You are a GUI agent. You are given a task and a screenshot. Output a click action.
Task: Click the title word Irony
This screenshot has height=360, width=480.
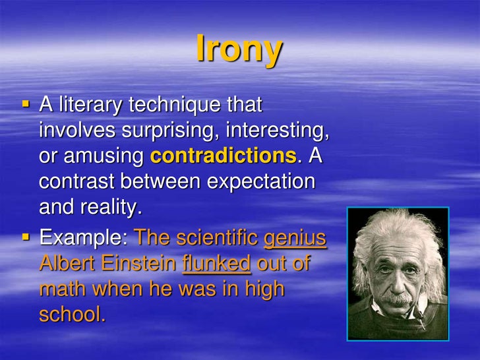click(x=239, y=49)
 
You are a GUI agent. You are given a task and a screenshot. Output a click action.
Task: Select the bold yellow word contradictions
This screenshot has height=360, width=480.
click(x=223, y=156)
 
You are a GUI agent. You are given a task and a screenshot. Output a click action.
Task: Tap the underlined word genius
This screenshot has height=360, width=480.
click(x=295, y=237)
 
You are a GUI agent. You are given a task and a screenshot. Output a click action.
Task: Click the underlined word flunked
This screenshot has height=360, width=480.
click(x=216, y=263)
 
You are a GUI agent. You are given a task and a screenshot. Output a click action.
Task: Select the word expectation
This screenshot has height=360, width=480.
click(x=261, y=182)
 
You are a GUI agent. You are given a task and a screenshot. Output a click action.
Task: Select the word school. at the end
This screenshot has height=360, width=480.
click(x=73, y=315)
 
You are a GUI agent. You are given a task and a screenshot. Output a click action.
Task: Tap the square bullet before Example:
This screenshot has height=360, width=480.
click(x=26, y=235)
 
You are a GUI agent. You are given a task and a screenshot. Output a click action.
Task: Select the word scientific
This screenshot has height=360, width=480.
click(x=215, y=237)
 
